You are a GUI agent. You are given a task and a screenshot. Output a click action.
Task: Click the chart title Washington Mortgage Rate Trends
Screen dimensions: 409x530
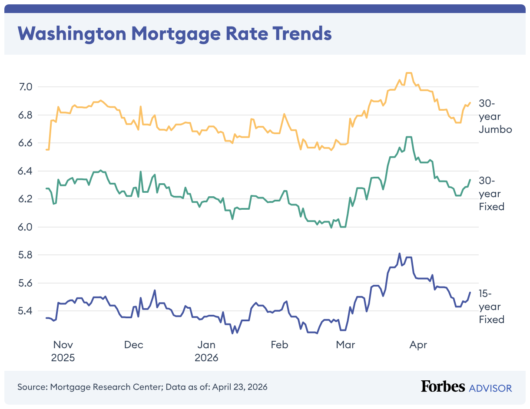point(174,33)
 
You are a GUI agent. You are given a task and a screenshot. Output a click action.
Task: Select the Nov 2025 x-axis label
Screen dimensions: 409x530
point(63,352)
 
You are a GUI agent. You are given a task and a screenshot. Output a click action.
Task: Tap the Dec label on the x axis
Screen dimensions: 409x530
point(133,345)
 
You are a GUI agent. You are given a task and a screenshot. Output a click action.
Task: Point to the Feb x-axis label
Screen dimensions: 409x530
point(279,345)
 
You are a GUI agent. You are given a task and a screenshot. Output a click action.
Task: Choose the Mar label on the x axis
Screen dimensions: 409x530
point(345,345)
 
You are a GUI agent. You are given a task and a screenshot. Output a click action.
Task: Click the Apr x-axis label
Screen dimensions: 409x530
point(418,345)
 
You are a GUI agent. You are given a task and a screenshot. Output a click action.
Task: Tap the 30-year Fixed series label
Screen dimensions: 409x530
point(491,194)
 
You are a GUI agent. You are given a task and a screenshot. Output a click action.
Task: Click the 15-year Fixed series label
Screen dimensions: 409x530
point(491,307)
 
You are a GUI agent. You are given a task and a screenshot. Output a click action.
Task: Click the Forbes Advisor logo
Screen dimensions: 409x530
point(466,387)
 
